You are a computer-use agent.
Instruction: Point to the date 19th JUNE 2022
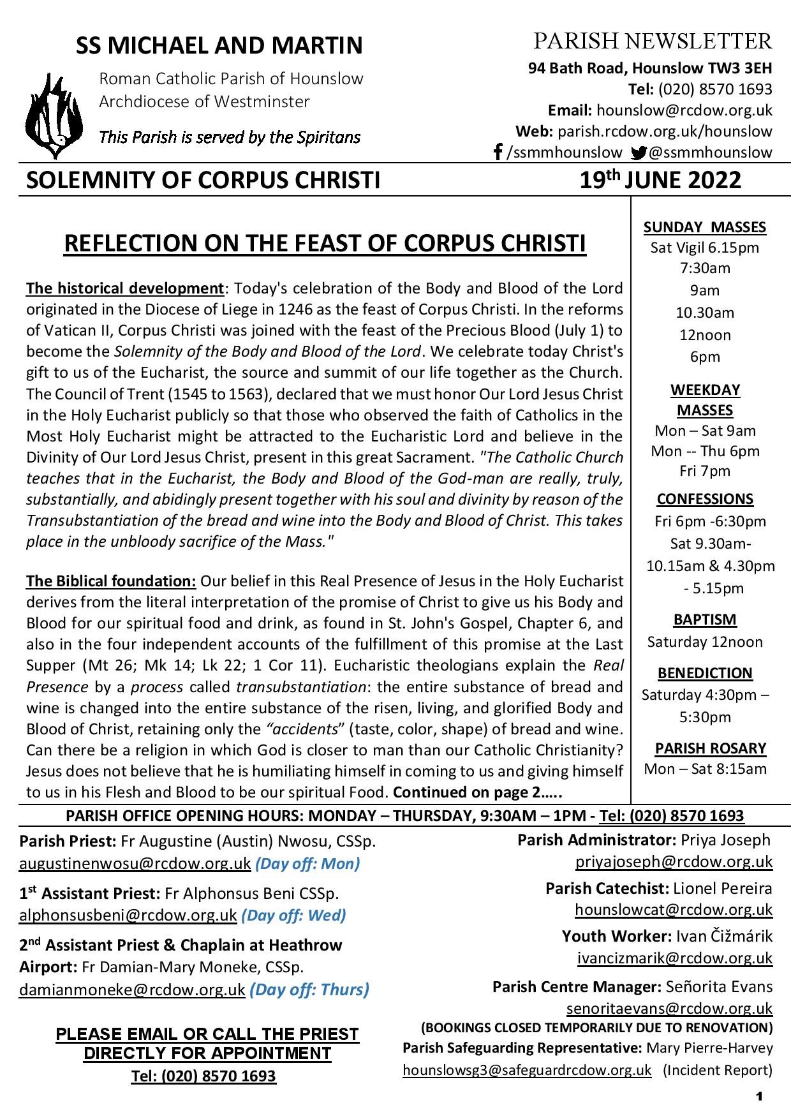pos(660,181)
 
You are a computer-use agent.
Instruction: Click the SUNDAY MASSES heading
pos(704,227)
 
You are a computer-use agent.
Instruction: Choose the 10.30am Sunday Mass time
pos(705,313)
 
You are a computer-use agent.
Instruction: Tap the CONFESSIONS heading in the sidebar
pos(705,499)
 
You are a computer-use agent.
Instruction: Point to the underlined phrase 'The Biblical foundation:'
pos(111,581)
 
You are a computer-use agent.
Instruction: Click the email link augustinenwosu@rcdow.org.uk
pos(135,864)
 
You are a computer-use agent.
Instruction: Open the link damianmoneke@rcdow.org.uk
pos(132,990)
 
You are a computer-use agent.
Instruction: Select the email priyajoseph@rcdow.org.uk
pos(674,862)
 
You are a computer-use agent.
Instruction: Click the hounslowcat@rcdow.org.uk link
pos(674,910)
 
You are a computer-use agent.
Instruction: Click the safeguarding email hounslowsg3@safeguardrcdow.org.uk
pos(527,1070)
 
